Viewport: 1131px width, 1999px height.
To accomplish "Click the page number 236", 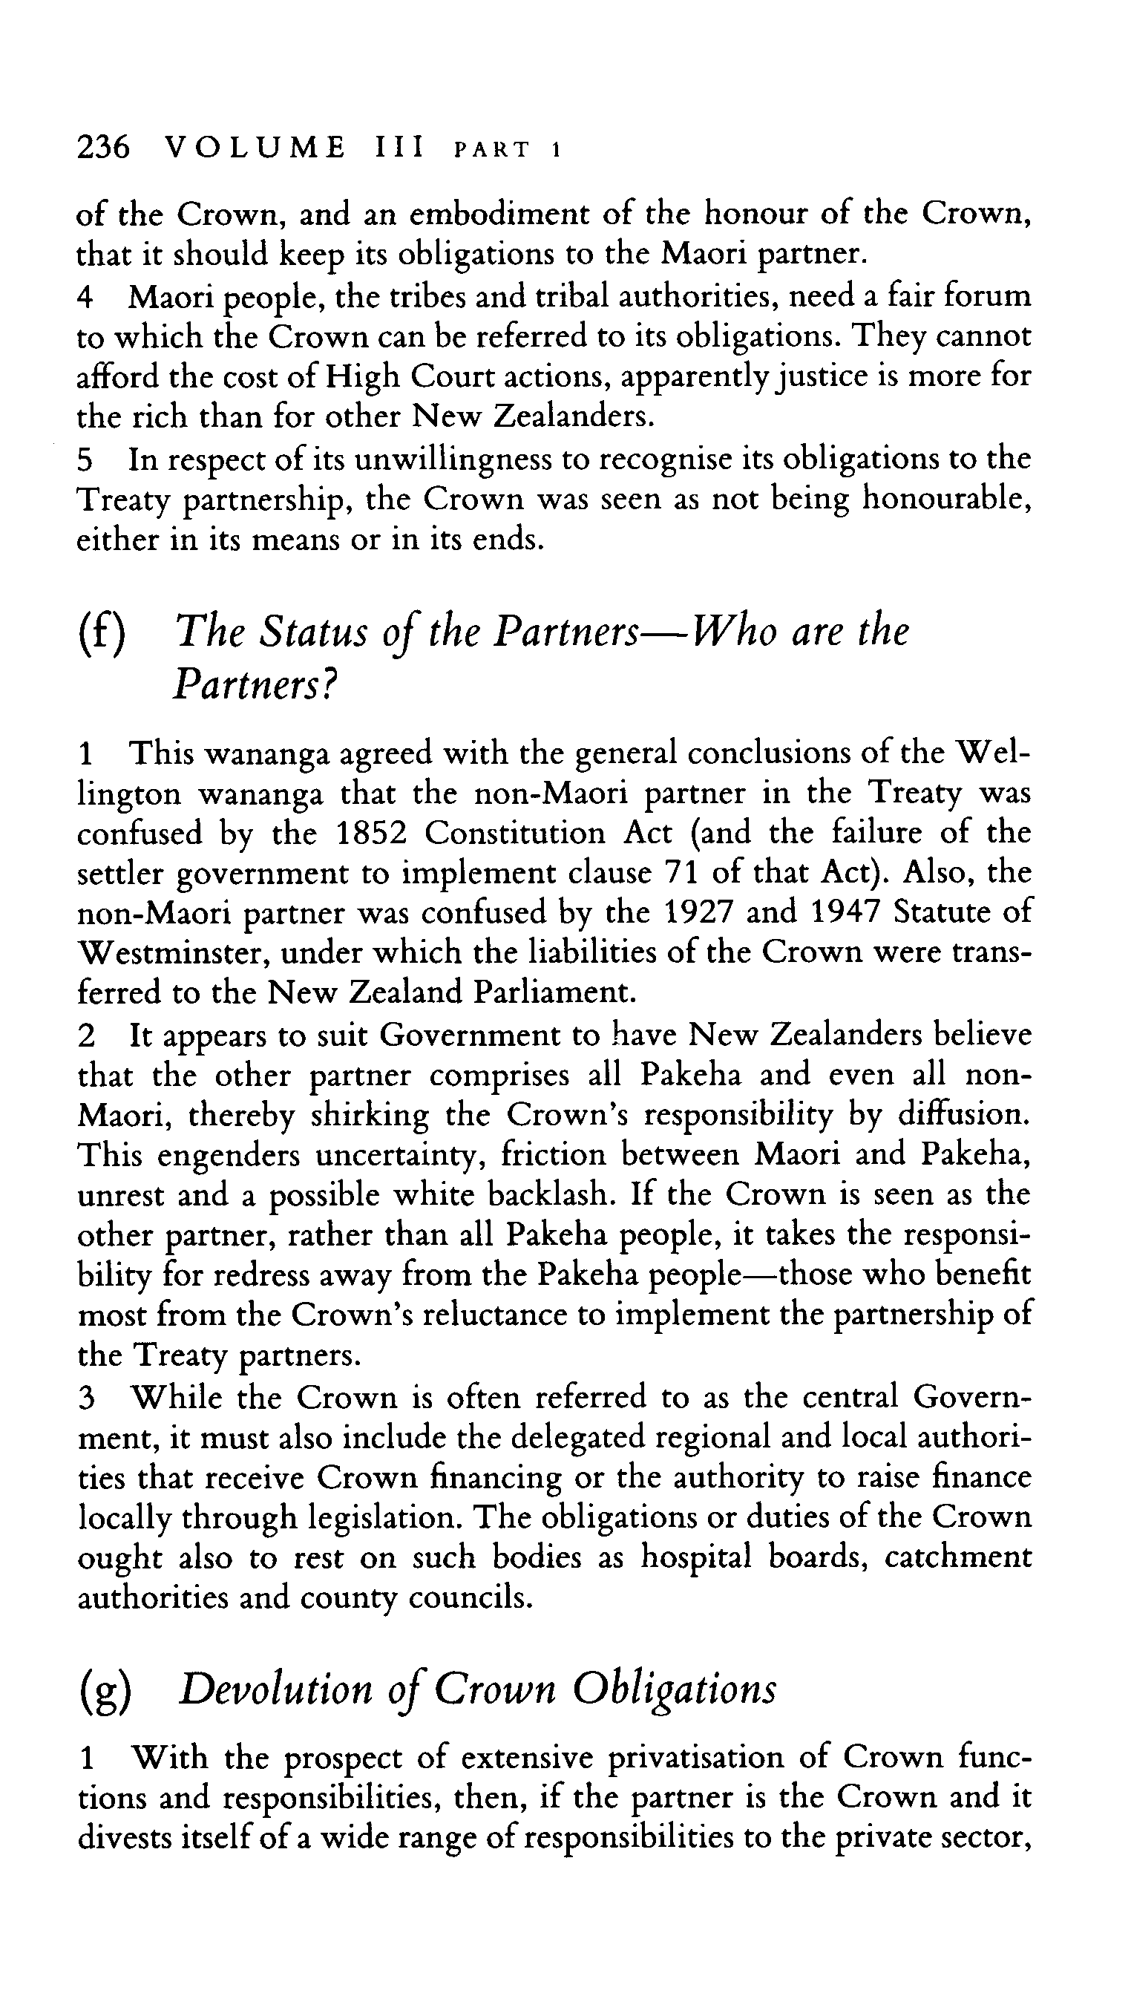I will [102, 147].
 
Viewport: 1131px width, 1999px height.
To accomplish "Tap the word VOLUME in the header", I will [255, 147].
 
